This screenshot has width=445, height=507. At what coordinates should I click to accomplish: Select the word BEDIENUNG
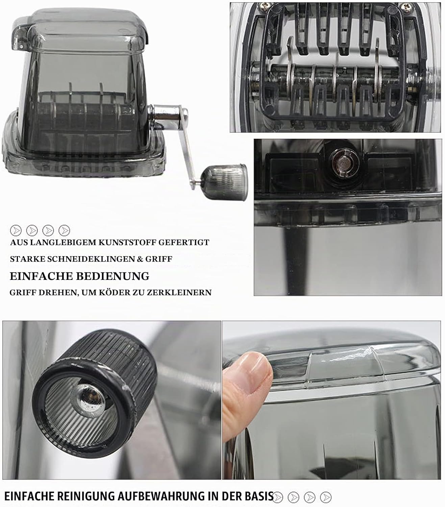tap(113, 276)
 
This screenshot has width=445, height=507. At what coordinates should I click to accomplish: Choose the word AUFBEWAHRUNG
tap(161, 496)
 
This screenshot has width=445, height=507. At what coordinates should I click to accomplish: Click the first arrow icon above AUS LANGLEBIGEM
tap(16, 231)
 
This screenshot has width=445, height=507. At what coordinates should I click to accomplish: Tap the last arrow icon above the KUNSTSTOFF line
tap(64, 231)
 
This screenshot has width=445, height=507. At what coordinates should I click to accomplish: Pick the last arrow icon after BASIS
tap(326, 497)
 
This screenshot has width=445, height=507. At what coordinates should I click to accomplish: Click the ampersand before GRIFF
tap(139, 259)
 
